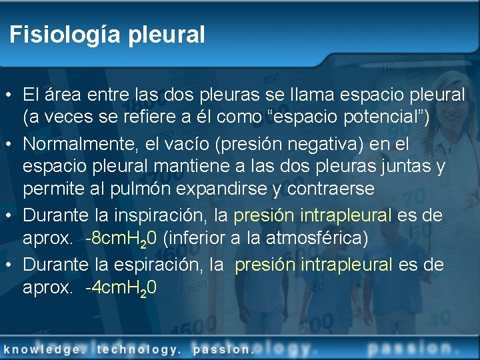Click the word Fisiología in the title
(56, 35)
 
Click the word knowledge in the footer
(43, 349)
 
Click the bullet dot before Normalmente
(9, 144)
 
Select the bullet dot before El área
(9, 95)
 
